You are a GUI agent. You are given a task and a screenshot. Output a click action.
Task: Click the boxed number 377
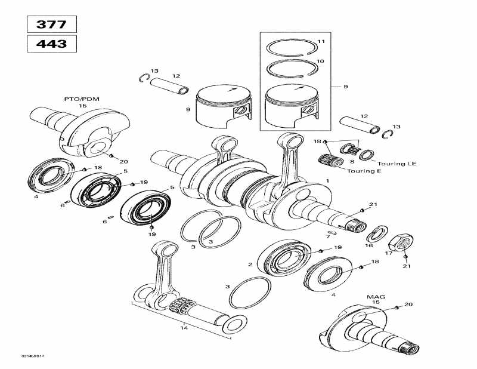tap(52, 24)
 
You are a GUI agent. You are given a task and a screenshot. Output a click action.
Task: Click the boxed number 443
tap(52, 44)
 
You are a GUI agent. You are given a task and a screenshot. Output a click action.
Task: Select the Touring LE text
tap(394, 162)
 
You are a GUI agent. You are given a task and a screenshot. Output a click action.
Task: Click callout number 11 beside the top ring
tap(321, 41)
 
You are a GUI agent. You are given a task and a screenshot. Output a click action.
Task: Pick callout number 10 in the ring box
tap(320, 61)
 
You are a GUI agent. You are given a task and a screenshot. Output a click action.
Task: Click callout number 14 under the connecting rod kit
tap(184, 327)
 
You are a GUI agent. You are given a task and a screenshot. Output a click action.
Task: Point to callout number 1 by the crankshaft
tap(327, 180)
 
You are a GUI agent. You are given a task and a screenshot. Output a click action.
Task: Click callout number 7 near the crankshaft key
tap(327, 237)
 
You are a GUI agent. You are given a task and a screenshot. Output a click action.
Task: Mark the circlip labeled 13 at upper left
tap(143, 78)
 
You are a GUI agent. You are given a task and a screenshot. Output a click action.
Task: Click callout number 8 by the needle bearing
tap(352, 161)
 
